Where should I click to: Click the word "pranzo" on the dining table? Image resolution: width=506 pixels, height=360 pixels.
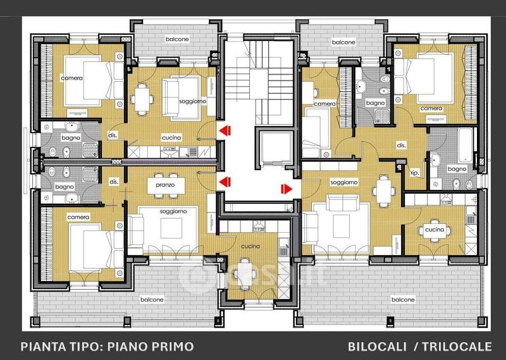165,185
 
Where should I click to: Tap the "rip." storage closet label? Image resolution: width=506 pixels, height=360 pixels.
414,173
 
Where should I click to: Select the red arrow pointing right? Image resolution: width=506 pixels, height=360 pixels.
287,189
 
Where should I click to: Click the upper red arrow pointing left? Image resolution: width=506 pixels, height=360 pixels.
225,131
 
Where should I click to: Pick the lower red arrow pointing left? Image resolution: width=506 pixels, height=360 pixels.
225,182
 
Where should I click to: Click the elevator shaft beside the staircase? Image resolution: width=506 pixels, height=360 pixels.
275,148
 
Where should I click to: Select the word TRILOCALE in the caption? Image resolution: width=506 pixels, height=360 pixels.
457,347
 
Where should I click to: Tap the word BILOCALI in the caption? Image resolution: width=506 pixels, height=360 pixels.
377,347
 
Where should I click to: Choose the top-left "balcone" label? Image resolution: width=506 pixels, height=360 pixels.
177,39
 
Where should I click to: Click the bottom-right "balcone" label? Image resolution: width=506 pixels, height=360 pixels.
403,300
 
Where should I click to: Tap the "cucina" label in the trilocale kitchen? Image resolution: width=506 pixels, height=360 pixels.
435,230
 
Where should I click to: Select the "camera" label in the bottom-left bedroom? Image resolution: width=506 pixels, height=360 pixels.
78,217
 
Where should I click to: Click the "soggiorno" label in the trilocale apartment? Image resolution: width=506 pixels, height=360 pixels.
344,182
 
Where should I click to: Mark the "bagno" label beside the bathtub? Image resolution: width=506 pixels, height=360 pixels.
457,169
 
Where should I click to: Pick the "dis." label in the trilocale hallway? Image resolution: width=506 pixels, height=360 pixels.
401,146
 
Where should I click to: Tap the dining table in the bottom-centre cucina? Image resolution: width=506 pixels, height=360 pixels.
244,273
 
